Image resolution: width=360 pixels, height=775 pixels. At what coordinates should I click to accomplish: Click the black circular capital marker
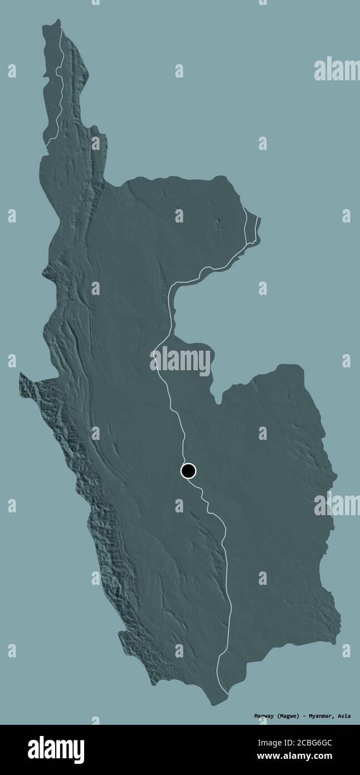188,471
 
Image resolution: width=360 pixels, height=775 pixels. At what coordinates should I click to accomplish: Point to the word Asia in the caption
344,716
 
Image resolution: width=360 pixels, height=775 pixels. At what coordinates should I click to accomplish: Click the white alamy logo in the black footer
56,750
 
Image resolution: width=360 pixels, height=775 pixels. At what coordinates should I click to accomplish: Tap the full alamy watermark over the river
180,361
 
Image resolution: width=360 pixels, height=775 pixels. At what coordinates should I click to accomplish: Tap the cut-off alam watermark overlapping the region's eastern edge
337,505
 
